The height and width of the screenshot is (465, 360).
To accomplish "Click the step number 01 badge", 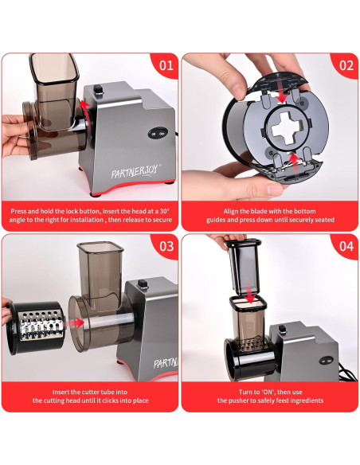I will [166, 65].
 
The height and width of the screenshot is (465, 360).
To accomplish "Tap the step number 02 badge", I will [346, 65].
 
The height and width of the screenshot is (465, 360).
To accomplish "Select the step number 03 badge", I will [166, 245].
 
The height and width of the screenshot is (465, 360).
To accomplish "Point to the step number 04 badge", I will [346, 245].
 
